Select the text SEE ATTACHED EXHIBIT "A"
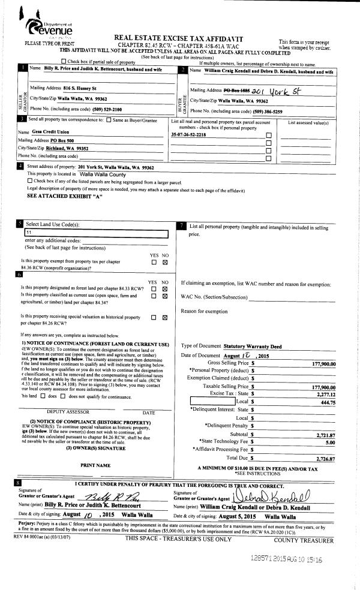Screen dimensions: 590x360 click(x=65, y=195)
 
